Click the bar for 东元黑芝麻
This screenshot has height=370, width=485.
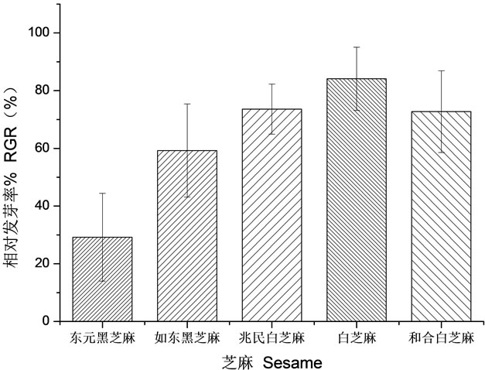point(102,279)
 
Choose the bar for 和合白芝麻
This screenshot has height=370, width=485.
point(441,217)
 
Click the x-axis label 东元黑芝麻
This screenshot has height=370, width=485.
point(102,338)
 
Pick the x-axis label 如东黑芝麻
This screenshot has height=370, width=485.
point(186,338)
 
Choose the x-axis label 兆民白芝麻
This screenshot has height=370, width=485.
point(271,338)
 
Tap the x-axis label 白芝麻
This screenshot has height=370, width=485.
point(356,338)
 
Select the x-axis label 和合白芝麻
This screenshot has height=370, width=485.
point(441,338)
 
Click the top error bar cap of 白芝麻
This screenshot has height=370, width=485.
point(356,47)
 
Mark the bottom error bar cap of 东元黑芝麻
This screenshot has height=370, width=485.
point(102,280)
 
